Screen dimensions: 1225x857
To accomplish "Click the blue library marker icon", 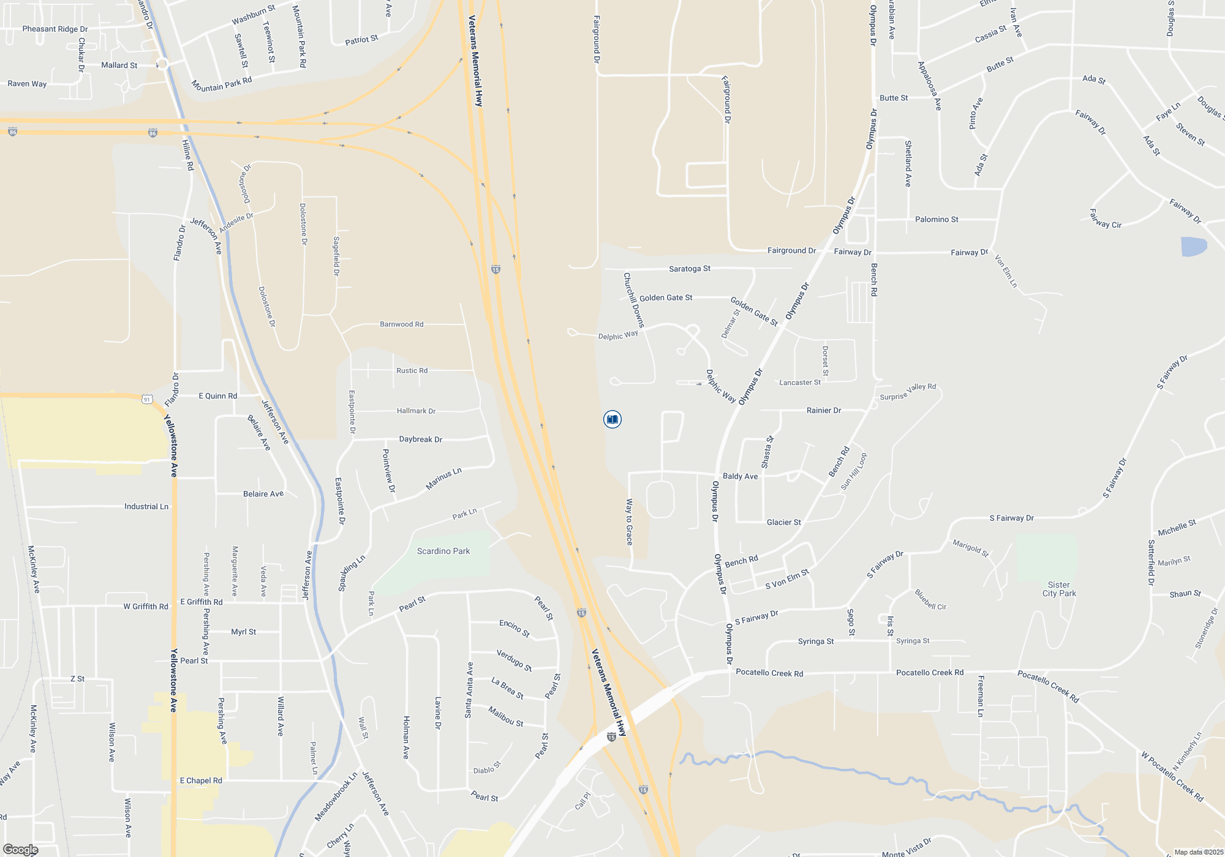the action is [612, 419].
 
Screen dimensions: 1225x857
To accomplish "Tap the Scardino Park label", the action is [443, 552].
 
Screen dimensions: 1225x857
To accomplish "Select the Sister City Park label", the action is [1059, 589].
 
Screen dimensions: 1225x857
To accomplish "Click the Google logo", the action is [21, 850].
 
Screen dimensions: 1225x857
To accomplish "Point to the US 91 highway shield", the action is [147, 400].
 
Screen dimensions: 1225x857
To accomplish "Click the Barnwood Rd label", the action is [401, 324].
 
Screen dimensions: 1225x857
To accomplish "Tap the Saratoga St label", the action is [689, 269].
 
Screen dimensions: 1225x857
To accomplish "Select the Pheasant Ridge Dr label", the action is [55, 29].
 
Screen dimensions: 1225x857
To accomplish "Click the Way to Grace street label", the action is [629, 522].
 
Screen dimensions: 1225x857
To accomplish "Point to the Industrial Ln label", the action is [146, 507].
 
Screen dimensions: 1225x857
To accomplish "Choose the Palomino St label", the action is [937, 219].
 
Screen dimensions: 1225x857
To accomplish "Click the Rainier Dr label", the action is [824, 410].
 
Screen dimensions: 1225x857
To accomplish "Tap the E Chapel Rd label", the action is [201, 780].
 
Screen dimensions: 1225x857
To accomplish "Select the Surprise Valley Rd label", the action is [908, 392].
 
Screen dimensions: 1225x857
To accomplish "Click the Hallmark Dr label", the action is [416, 411].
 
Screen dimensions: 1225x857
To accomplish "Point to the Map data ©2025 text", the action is [1198, 852].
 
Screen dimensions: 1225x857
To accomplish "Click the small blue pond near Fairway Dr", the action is [1193, 247].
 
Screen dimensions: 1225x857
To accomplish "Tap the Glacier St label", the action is [783, 522].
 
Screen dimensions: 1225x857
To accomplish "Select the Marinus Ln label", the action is [443, 479].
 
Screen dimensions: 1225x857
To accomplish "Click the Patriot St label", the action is [361, 40].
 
